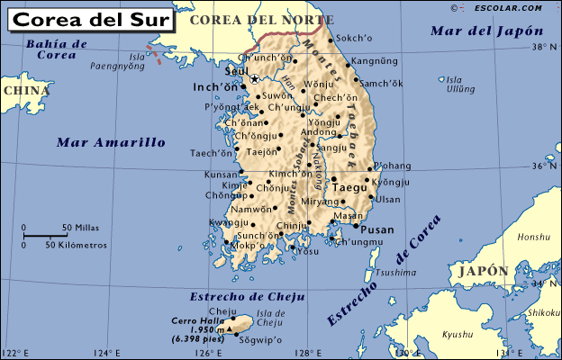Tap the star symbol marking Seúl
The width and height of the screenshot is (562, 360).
(254, 79)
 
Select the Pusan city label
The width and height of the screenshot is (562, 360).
(377, 229)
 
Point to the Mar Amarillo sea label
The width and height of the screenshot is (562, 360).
(111, 142)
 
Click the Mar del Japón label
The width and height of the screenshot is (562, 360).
(476, 31)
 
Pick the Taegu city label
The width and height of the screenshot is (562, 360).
(350, 187)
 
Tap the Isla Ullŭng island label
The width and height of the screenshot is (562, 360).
(459, 85)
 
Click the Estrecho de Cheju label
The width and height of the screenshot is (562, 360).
(247, 297)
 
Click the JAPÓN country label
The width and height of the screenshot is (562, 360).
(483, 271)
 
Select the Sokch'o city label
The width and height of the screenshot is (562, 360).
(354, 40)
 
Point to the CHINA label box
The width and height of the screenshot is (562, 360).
(24, 90)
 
